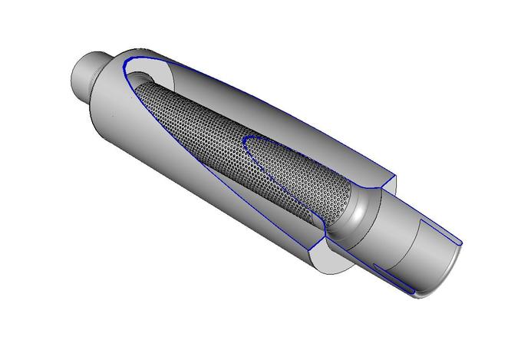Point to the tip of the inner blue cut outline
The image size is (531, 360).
pyautogui.click(x=246, y=139)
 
